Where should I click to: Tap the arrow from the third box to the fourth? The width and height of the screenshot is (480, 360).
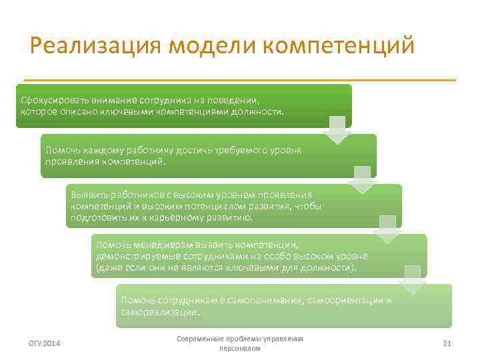tap(387, 229)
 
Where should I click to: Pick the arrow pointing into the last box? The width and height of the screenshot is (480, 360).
tap(412, 279)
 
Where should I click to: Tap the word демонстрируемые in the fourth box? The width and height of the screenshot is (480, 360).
tap(133, 256)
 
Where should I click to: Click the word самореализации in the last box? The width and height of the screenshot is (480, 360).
tap(160, 311)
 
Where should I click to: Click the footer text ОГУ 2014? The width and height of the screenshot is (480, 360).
tap(45, 343)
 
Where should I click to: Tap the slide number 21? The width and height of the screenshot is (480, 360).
tap(447, 343)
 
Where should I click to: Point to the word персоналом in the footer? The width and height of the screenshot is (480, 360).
tap(240, 349)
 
